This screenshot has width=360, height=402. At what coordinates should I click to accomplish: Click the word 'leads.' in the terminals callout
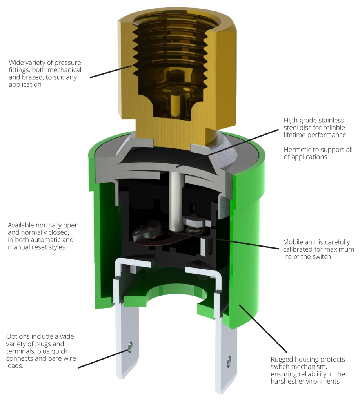(x=16, y=366)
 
